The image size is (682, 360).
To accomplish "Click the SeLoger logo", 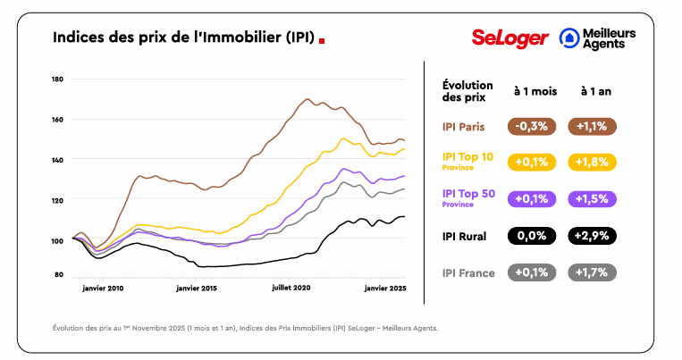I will [507, 38].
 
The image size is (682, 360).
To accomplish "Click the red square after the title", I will [322, 39].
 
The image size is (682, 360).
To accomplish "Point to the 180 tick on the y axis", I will [57, 80].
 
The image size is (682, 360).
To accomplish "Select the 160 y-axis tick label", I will [57, 120].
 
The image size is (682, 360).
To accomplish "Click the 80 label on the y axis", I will [59, 274].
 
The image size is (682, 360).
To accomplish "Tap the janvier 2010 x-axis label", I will [103, 289].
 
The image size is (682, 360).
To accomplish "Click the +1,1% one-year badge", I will [592, 126].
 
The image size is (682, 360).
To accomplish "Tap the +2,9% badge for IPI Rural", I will [592, 236].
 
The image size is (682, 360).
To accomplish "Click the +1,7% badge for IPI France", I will [592, 272].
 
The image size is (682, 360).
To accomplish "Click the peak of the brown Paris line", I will [307, 99].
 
